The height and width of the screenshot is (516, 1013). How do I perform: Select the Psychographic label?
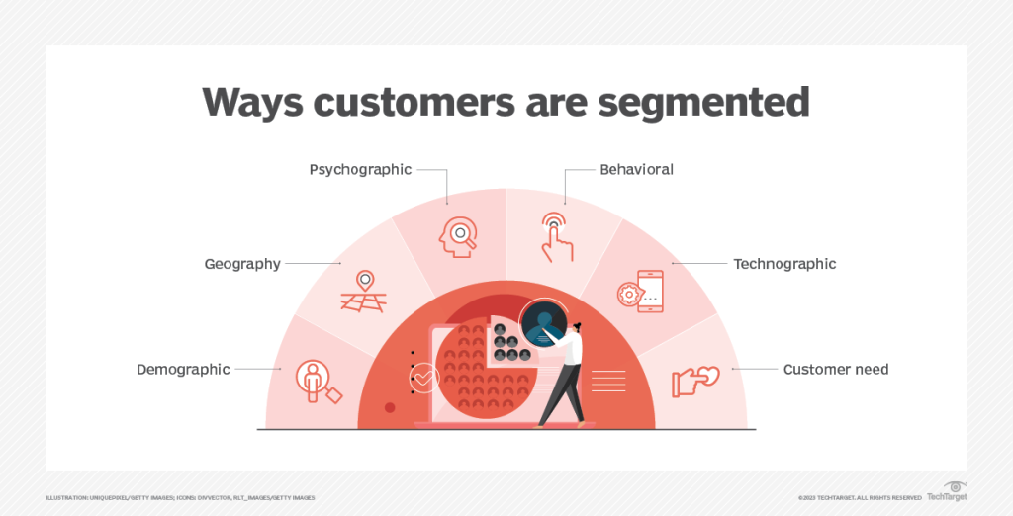click(x=360, y=169)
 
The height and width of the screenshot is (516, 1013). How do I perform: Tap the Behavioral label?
click(x=636, y=169)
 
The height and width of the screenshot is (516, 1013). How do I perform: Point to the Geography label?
click(x=242, y=264)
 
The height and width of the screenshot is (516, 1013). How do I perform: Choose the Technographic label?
click(x=784, y=264)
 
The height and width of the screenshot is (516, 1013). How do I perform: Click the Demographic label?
click(x=183, y=369)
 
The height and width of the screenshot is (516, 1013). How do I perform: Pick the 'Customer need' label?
click(x=836, y=369)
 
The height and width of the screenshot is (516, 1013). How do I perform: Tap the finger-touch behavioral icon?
click(x=554, y=236)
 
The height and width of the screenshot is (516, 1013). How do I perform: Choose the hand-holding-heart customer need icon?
click(x=694, y=381)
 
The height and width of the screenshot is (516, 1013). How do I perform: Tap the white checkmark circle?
click(x=424, y=377)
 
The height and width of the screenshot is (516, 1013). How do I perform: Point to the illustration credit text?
click(x=180, y=497)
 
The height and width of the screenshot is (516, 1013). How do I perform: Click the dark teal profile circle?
click(x=543, y=321)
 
